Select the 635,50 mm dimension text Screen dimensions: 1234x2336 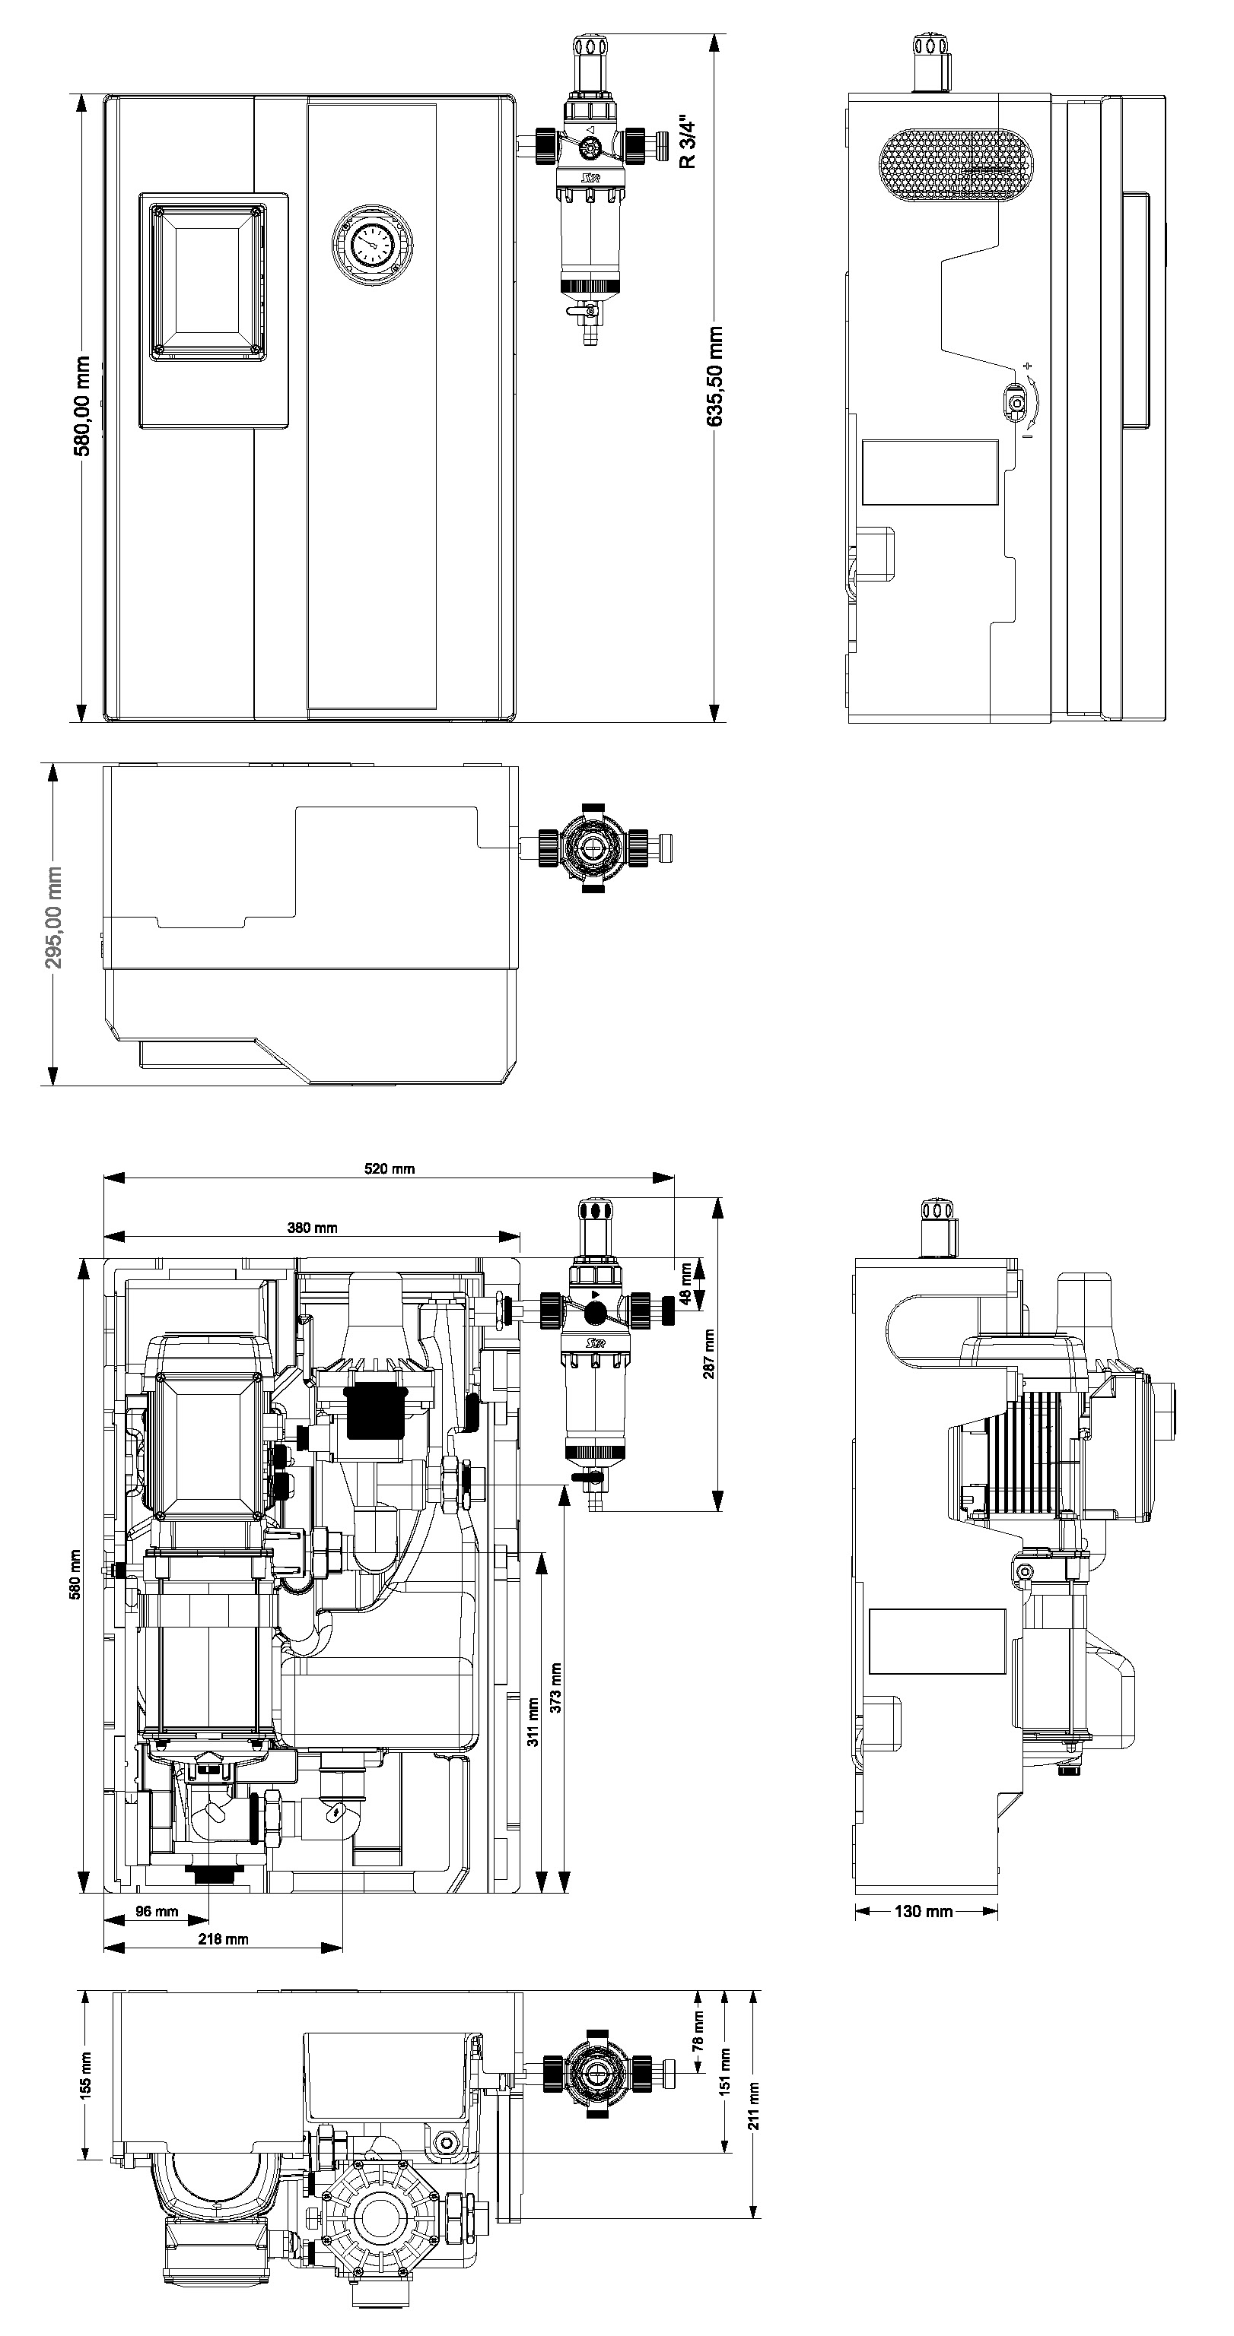715,376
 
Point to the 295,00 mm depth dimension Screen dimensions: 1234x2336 53,917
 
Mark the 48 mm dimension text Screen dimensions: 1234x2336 686,1283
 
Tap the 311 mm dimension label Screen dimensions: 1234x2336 533,1720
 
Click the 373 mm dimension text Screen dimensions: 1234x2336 555,1688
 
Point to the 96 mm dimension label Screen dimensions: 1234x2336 157,1911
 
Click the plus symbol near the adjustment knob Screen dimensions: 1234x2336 1027,366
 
